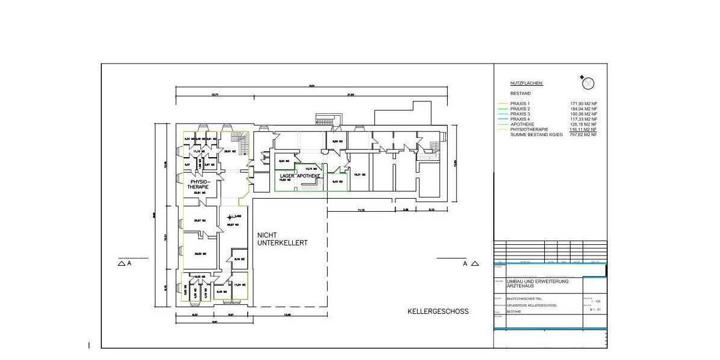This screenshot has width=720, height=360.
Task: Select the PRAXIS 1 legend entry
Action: pos(520,104)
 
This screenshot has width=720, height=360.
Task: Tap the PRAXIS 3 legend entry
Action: pos(520,114)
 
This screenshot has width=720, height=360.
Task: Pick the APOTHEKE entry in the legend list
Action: pos(521,124)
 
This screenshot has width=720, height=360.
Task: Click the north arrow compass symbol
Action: pos(588,82)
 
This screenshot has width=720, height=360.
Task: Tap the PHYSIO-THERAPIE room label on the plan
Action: pos(199,184)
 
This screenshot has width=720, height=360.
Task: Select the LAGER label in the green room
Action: pos(287,175)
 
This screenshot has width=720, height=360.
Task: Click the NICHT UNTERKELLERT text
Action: pos(282,239)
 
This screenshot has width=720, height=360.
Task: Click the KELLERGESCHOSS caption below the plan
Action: pos(438,311)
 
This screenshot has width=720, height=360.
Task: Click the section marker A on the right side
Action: pos(464,263)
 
